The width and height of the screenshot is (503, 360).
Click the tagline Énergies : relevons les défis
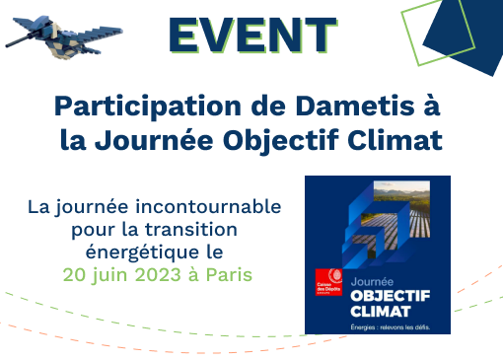point(391,325)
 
